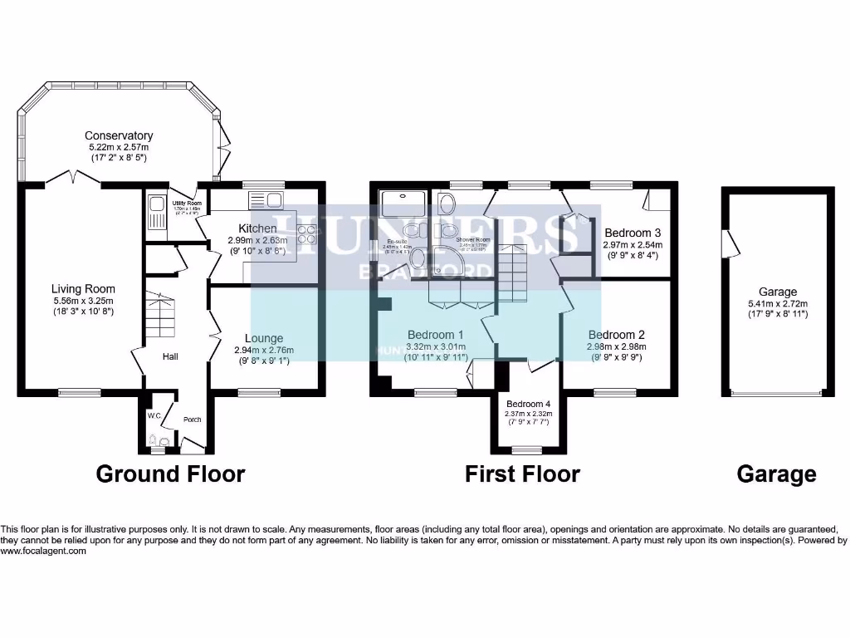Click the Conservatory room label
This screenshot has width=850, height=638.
(119, 135)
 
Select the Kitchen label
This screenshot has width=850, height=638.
(257, 228)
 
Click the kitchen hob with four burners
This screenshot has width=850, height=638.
(306, 235)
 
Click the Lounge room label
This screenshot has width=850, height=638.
(264, 338)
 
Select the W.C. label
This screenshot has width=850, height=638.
(154, 415)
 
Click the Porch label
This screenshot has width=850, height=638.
(192, 420)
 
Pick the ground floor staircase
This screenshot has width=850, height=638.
(161, 316)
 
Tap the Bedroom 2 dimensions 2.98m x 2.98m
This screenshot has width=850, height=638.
(616, 346)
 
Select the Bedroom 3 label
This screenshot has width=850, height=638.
(633, 233)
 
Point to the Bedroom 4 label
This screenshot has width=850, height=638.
(529, 404)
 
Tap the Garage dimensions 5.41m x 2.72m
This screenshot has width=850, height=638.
(778, 303)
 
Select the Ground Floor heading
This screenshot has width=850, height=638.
(170, 474)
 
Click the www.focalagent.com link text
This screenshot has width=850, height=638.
(43, 551)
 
